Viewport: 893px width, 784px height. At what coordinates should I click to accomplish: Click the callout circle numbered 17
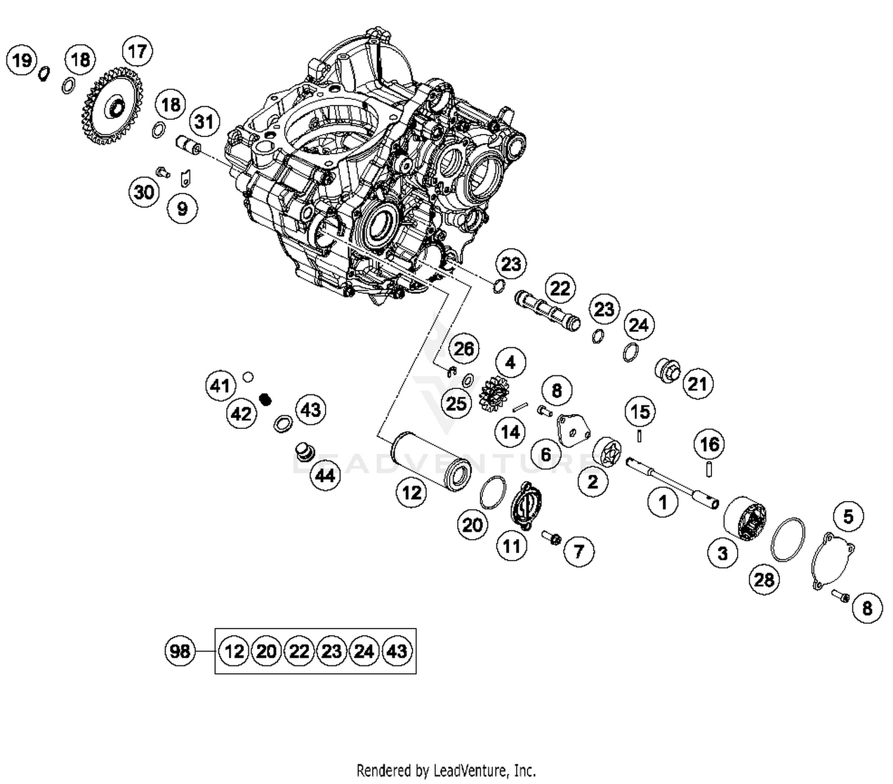[137, 51]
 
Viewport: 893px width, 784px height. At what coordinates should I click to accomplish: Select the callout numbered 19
[21, 60]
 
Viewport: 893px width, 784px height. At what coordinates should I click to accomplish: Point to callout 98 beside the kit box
[180, 651]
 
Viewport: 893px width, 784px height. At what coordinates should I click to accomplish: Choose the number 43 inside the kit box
[396, 651]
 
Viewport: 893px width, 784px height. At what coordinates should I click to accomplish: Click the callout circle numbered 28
[764, 579]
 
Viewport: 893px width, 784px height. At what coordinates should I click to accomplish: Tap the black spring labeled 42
[266, 399]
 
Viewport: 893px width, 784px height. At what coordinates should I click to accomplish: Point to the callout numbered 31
[204, 122]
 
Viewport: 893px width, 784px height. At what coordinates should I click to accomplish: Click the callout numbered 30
[144, 192]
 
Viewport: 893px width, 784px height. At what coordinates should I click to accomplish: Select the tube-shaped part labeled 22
[547, 310]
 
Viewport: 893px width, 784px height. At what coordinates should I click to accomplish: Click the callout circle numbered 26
[464, 349]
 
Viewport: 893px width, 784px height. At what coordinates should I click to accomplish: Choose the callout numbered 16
[709, 444]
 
